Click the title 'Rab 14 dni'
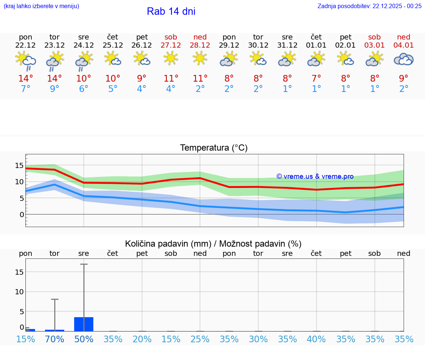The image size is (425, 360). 171,11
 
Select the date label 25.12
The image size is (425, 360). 113,45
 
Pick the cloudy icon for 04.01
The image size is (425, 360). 404,59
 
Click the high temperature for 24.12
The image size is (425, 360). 84,79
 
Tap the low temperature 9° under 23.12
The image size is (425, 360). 55,89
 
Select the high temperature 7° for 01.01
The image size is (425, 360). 316,79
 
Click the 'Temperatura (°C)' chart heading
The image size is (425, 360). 214,148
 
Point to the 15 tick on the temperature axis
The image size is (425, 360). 19,165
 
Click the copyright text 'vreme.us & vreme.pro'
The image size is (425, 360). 315,176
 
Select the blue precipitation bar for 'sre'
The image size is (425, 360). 84,324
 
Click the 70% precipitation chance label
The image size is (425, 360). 55,339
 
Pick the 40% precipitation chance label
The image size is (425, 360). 316,339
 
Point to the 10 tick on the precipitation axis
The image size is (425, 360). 19,292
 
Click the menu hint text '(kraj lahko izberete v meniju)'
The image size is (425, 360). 41,6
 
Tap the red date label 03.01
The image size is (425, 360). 374,45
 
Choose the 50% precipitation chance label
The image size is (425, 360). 84,339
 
